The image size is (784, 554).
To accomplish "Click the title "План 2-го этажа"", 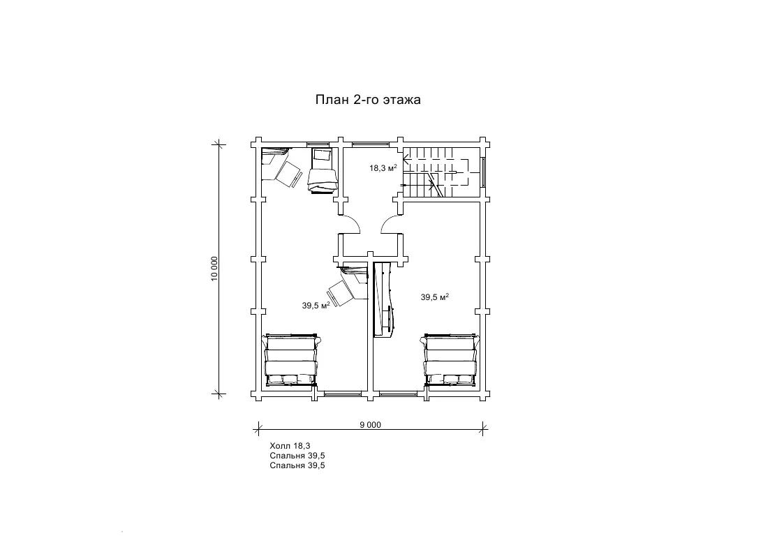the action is (368, 100).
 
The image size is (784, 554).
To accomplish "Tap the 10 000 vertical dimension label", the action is (215, 269).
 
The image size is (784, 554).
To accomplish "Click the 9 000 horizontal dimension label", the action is (370, 425).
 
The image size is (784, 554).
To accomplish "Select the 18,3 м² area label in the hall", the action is (383, 168).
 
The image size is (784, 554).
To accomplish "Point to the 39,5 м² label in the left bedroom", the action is (316, 305).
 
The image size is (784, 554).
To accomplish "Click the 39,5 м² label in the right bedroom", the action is (434, 297).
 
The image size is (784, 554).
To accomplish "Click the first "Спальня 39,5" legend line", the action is (297, 456).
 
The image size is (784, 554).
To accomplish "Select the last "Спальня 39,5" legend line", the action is (297, 465).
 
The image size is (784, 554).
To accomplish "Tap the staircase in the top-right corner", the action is (436, 172).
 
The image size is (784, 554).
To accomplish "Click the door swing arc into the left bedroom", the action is (351, 223).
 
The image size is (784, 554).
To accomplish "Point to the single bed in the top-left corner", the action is (321, 170).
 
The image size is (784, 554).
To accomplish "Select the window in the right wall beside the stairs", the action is (483, 172).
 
